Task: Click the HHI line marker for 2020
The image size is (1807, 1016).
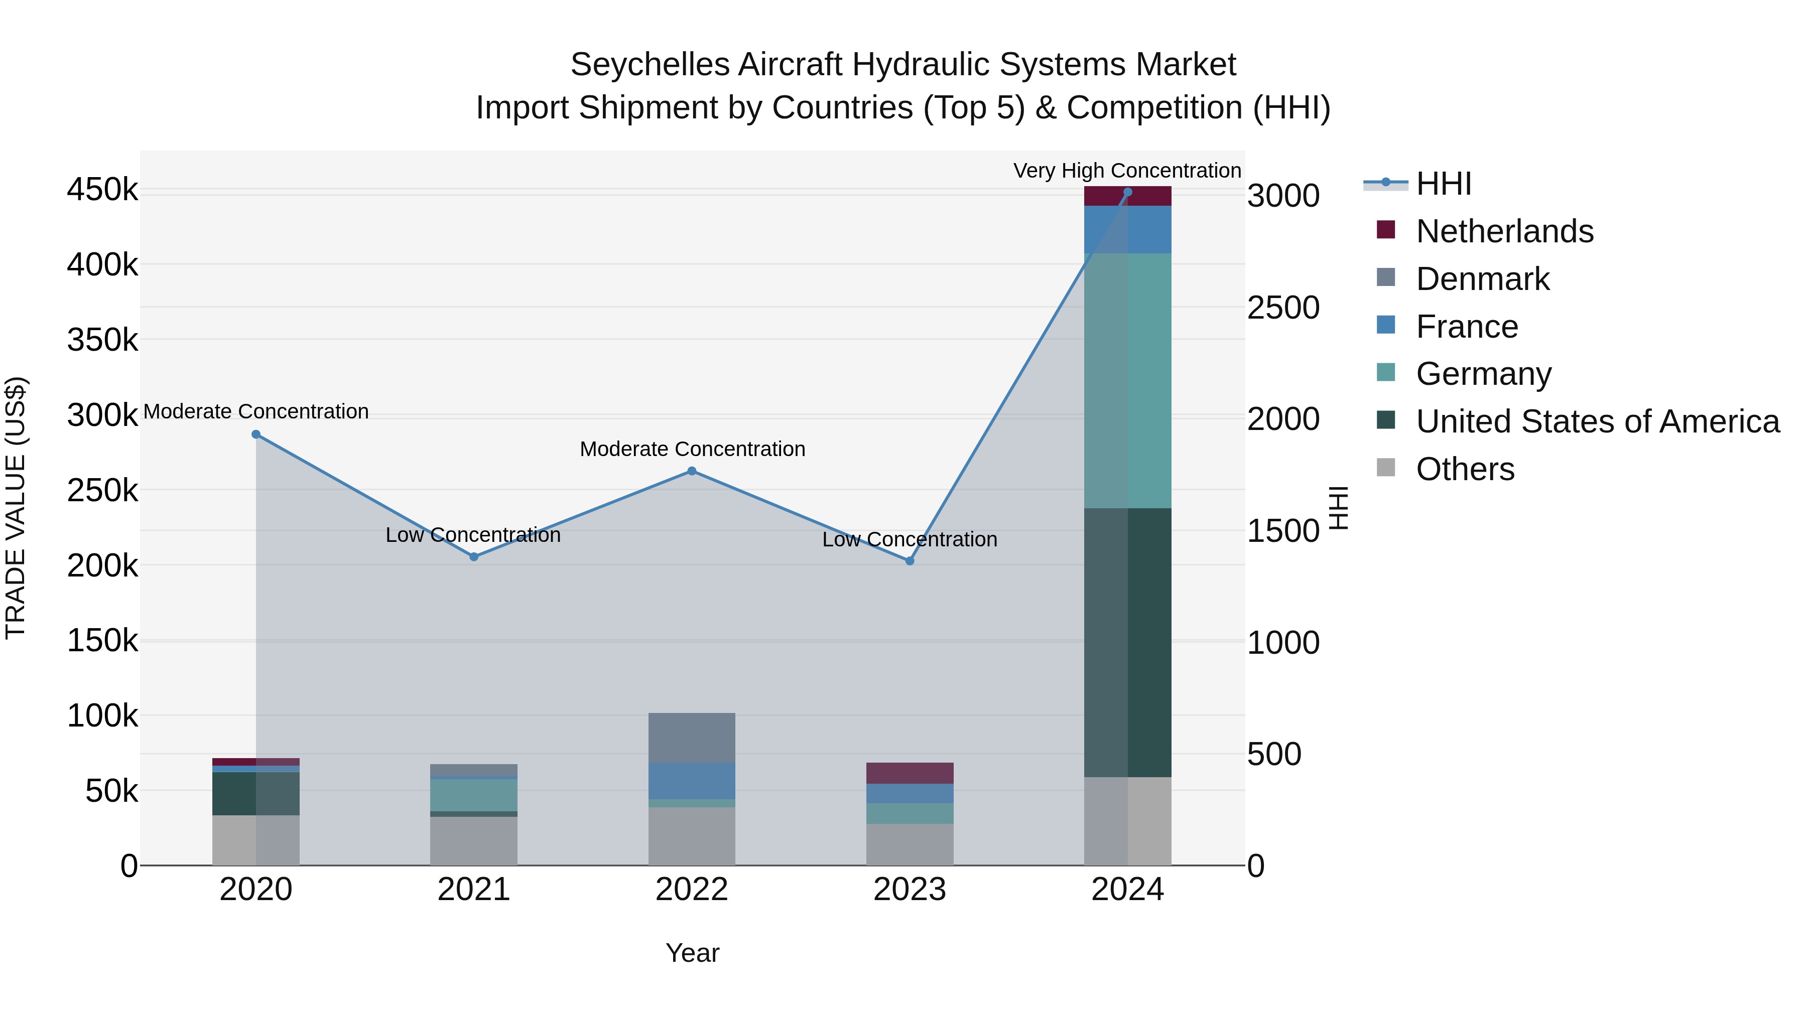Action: pos(256,434)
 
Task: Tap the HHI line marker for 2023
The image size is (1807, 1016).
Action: pos(910,561)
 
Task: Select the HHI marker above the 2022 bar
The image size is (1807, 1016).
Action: pos(692,471)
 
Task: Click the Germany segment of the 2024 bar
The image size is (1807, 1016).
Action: pos(1128,381)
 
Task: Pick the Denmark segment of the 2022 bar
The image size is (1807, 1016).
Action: pos(692,738)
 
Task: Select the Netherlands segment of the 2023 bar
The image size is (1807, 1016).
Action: pos(910,773)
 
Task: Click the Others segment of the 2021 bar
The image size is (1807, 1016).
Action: pos(473,841)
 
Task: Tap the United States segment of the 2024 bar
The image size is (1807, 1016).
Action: pos(1128,642)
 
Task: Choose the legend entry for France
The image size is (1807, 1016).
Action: pos(1466,327)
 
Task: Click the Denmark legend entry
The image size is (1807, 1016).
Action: pos(1482,279)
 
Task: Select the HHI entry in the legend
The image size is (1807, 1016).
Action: pos(1443,184)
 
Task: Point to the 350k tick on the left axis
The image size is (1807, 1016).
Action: pos(102,341)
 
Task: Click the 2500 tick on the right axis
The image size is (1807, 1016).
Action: pos(1283,308)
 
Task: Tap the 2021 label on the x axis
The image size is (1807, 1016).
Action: pos(473,890)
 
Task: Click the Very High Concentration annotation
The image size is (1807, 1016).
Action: pos(1127,171)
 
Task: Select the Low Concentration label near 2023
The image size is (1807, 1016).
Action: pos(910,540)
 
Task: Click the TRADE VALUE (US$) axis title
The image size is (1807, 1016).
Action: pos(16,508)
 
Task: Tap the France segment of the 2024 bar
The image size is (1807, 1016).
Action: pos(1128,229)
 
